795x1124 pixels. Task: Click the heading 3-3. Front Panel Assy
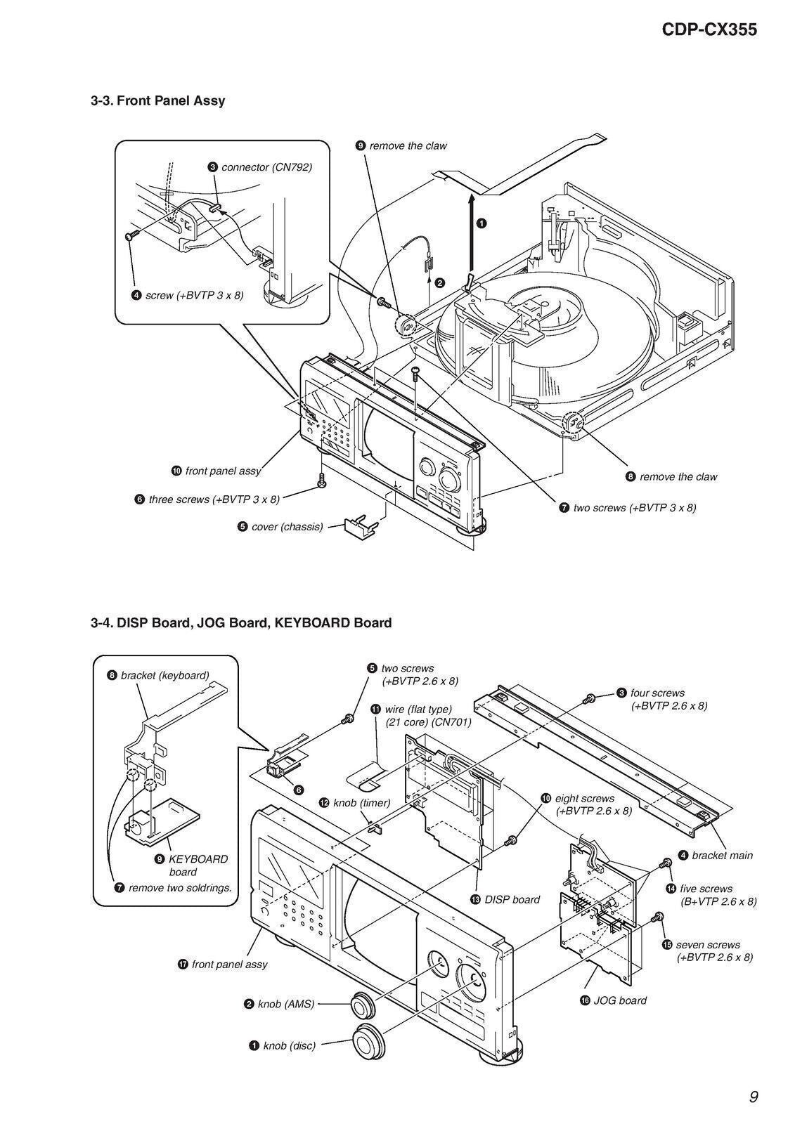pyautogui.click(x=157, y=100)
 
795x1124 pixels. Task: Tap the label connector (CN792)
pyautogui.click(x=266, y=167)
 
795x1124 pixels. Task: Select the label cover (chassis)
pyautogui.click(x=287, y=526)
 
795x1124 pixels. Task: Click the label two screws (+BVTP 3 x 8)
pyautogui.click(x=634, y=507)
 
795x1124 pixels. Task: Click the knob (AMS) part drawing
pyautogui.click(x=362, y=1005)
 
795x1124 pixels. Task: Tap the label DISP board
pyautogui.click(x=512, y=899)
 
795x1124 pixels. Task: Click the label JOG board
pyautogui.click(x=619, y=1000)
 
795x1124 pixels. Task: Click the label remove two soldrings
pyautogui.click(x=180, y=888)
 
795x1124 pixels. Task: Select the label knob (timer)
pyautogui.click(x=361, y=802)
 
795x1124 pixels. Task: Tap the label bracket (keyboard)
pyautogui.click(x=164, y=675)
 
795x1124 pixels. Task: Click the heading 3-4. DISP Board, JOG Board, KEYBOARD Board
pyautogui.click(x=240, y=622)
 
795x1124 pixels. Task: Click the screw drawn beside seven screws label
pyautogui.click(x=659, y=917)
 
